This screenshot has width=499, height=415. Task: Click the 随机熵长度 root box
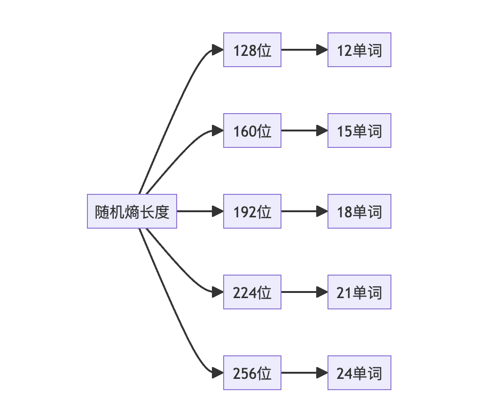(132, 211)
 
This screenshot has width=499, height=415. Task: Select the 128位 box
(252, 50)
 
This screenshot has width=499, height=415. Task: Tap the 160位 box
(252, 131)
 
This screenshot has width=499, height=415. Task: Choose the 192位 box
(252, 211)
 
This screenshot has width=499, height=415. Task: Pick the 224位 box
(252, 292)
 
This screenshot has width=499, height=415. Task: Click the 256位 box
(252, 373)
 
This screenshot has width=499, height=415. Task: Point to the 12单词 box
(359, 50)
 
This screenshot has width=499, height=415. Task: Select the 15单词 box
(359, 131)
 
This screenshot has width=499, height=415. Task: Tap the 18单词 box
(359, 211)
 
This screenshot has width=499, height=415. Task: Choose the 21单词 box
(359, 292)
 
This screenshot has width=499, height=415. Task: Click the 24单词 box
(359, 373)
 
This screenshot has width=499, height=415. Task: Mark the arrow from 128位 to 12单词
(303, 50)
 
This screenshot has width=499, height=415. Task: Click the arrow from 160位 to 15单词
(303, 131)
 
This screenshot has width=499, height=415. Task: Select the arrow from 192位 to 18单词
(303, 211)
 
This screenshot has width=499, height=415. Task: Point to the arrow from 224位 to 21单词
(303, 292)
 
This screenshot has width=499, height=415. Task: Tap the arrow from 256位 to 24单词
(303, 373)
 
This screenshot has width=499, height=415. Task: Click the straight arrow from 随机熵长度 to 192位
(197, 211)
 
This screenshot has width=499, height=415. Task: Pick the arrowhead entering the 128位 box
(218, 50)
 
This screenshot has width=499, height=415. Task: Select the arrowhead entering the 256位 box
(218, 373)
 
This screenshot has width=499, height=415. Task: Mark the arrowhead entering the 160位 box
(218, 131)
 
